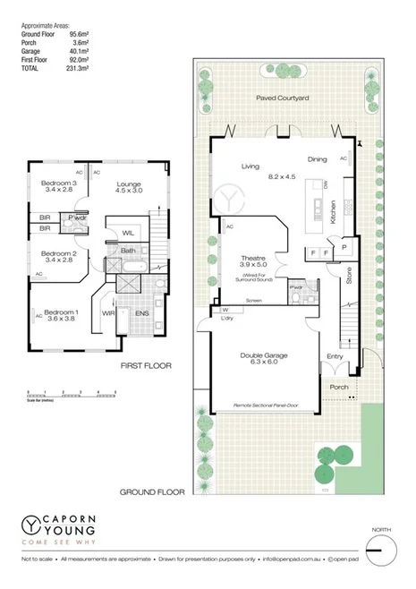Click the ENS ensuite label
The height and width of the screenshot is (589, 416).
click(x=142, y=313)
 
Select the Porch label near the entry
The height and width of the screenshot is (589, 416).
click(x=339, y=387)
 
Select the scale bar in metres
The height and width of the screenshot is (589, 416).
click(x=72, y=394)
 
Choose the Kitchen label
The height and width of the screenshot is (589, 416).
click(x=333, y=212)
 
